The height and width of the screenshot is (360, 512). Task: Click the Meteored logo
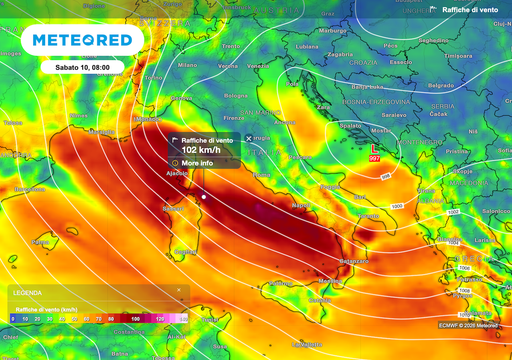pos(84,41)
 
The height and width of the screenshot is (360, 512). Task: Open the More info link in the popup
pos(195,161)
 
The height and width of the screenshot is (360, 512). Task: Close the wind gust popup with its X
pos(249,138)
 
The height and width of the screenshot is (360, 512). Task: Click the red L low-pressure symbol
pos(375,149)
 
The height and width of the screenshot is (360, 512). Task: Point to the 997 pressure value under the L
pos(375,158)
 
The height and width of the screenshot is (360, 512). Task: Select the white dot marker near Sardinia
pos(203,197)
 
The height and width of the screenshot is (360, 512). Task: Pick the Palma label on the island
pos(41,241)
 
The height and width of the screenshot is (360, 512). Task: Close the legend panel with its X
pos(179,291)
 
